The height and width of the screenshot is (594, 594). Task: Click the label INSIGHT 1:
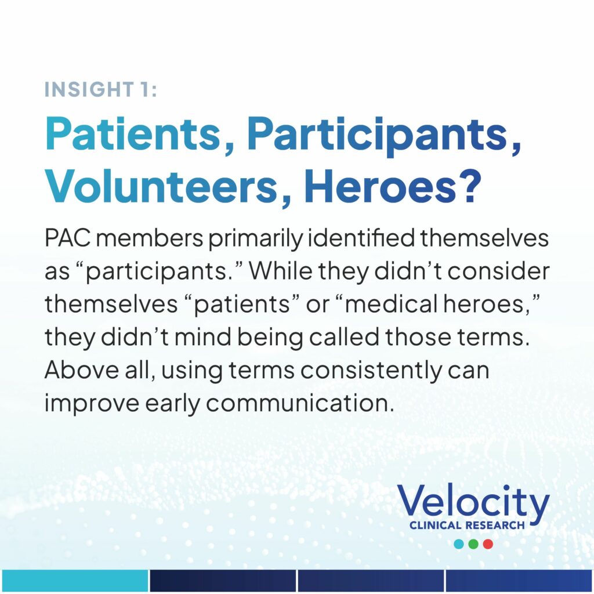click(x=100, y=89)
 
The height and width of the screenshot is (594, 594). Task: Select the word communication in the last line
click(x=298, y=404)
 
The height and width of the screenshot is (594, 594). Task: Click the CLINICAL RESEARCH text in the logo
click(x=467, y=526)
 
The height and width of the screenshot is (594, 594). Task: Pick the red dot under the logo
click(x=488, y=544)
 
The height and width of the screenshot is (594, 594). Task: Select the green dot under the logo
click(x=473, y=544)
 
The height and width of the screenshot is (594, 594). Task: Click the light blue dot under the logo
click(x=459, y=544)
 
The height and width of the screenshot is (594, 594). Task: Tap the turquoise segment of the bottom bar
click(x=74, y=580)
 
